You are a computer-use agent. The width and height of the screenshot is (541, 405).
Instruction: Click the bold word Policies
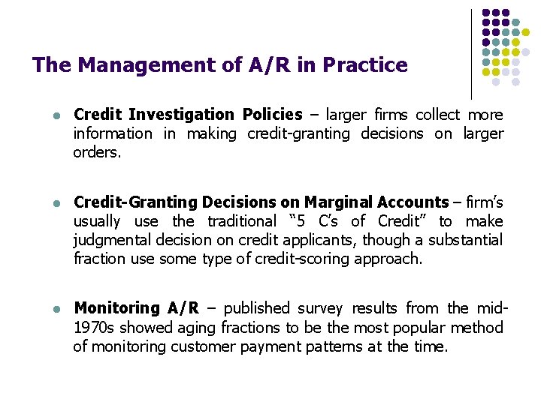[x=273, y=115]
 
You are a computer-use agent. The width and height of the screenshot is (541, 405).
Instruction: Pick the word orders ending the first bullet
[x=95, y=152]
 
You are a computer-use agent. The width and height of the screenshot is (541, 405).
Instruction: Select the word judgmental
[x=113, y=240]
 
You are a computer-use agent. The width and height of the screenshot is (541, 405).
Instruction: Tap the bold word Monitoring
[x=116, y=308]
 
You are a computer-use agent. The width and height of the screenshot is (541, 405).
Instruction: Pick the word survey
[x=320, y=308]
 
